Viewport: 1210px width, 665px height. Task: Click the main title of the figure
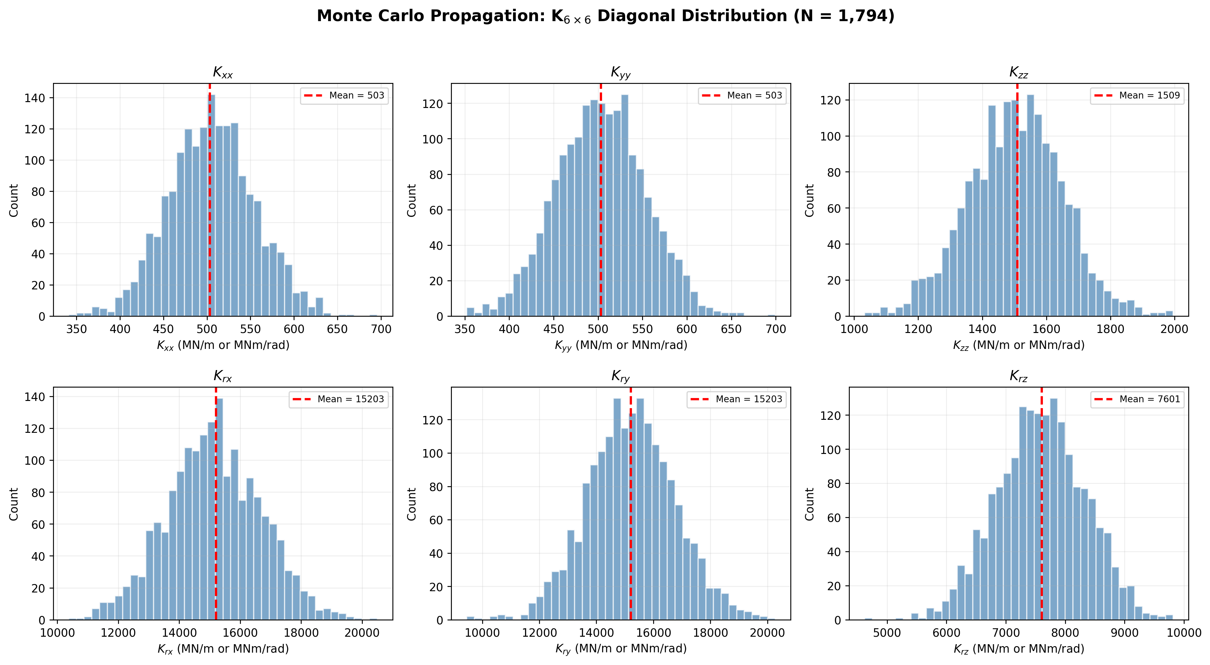(x=605, y=16)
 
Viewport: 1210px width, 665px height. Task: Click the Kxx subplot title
(x=223, y=73)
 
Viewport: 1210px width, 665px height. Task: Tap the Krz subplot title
(x=1018, y=376)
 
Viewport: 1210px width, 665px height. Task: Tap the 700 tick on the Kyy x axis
(x=775, y=329)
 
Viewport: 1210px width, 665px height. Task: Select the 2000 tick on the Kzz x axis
(x=1174, y=329)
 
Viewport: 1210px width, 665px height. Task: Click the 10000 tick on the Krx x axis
(x=57, y=632)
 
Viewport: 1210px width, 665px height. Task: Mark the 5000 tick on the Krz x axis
(x=887, y=632)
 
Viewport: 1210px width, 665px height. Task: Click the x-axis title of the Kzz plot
(x=1018, y=345)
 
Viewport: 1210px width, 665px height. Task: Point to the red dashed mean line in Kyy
(x=601, y=202)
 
